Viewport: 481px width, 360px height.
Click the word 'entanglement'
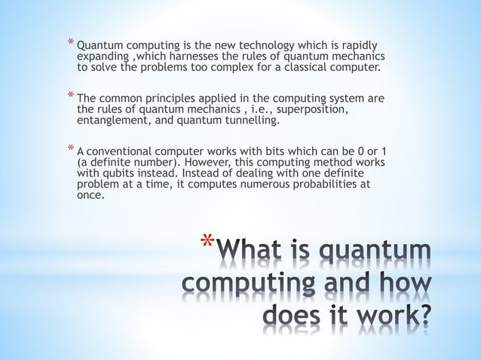pyautogui.click(x=112, y=122)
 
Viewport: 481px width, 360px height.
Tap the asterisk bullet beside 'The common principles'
pyautogui.click(x=71, y=96)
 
